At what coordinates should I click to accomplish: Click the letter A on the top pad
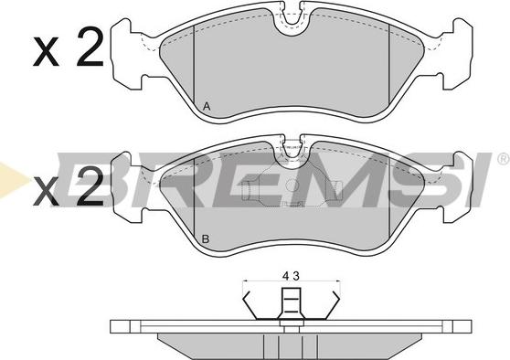[207, 106]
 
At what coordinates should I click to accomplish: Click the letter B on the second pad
[206, 239]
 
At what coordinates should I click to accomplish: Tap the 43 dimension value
[291, 276]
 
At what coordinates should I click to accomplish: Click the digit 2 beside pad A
[90, 47]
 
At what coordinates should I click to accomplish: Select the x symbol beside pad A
[46, 52]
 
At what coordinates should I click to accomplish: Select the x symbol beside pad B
[46, 191]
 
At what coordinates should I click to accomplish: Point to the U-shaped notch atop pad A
[292, 23]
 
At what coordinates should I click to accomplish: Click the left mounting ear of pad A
[127, 54]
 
